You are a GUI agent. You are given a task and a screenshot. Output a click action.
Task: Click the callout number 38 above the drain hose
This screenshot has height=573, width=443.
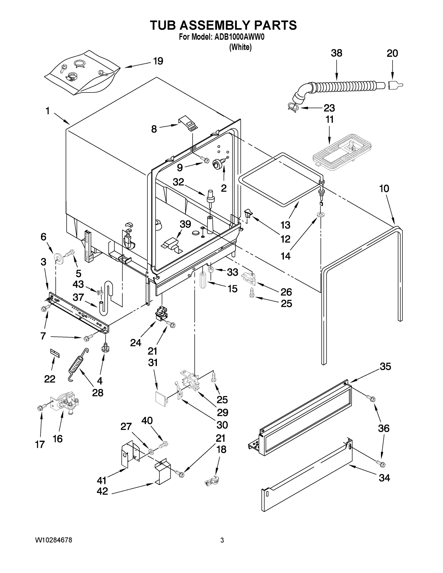tap(336, 53)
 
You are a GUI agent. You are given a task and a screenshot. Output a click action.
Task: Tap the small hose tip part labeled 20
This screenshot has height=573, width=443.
tap(394, 85)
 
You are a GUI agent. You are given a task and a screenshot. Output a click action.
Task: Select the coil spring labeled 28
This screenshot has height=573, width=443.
tap(78, 364)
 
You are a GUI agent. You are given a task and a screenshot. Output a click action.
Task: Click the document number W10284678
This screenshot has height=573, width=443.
tap(53, 540)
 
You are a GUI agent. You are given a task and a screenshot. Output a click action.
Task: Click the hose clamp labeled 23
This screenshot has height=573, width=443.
tap(293, 106)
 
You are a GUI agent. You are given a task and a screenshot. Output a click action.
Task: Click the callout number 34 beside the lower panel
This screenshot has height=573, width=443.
tap(384, 478)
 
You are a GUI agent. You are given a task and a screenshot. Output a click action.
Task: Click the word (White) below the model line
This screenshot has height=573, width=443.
tap(240, 47)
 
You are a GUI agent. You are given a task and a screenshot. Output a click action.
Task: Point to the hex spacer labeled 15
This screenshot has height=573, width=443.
tap(203, 280)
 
